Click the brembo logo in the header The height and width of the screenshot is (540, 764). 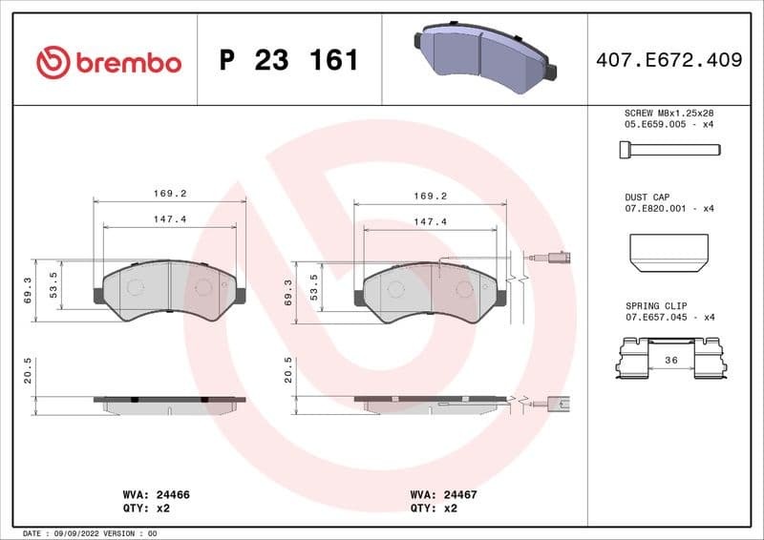click(x=108, y=62)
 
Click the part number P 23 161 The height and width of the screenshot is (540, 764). click(x=288, y=61)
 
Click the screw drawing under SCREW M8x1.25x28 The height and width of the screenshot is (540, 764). click(x=668, y=149)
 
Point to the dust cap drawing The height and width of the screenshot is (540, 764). click(x=668, y=250)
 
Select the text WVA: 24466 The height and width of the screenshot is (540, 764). click(x=157, y=495)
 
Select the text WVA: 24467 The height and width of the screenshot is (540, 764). click(x=443, y=495)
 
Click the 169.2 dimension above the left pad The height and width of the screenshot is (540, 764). click(x=169, y=194)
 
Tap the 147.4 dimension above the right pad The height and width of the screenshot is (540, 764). click(x=430, y=221)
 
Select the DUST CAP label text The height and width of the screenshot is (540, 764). click(x=647, y=197)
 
